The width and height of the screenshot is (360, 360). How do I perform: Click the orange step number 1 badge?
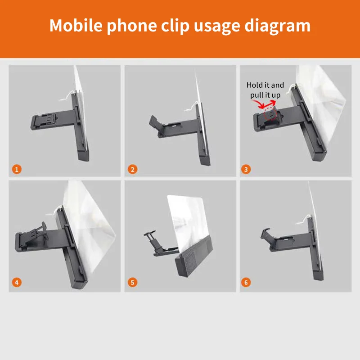coord(17,169)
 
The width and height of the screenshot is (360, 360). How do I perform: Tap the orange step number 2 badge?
coord(132,169)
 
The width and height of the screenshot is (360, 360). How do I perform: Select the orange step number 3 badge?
coord(246,169)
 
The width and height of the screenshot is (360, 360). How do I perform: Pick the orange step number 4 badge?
coord(17,283)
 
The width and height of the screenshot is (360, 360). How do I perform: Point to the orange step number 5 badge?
coord(132,283)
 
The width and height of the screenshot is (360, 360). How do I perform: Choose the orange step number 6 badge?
coord(246,283)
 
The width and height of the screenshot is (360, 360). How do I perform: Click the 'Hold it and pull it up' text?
coord(265,90)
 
